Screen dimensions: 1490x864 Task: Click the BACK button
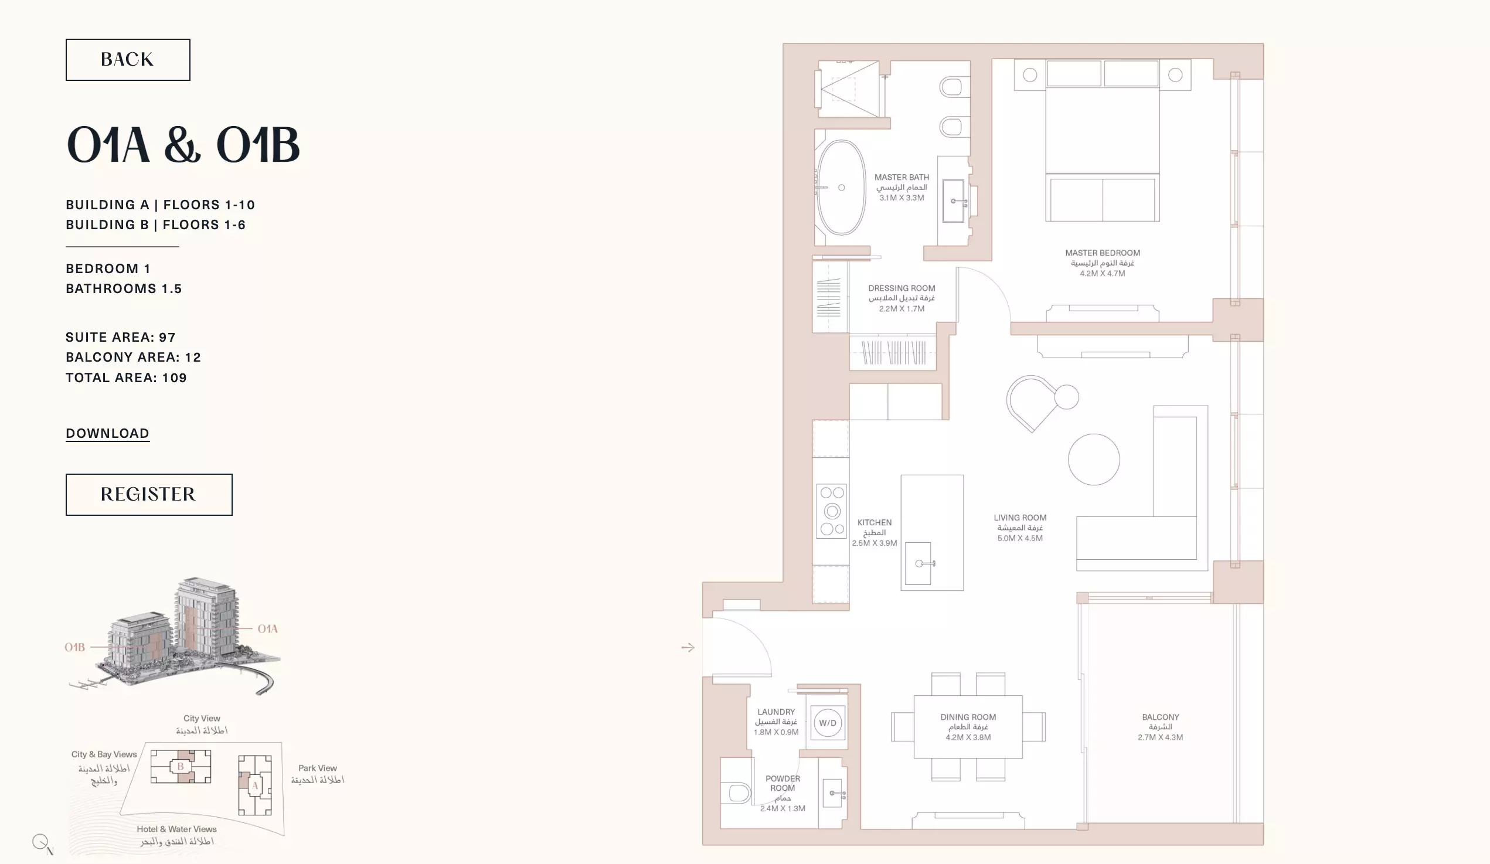pos(128,60)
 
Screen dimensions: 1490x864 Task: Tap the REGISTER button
pos(149,494)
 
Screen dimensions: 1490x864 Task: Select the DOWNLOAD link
pos(108,434)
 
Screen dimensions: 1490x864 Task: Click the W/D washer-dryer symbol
pos(828,723)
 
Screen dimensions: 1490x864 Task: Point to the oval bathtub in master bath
pos(841,188)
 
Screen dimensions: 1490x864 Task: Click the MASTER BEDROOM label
pos(1103,253)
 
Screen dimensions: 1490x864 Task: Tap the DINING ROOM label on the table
pos(968,717)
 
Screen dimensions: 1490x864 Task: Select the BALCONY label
pos(1160,717)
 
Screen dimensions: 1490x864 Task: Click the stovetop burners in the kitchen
pos(832,511)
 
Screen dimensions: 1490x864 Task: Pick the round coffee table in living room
pos(1094,460)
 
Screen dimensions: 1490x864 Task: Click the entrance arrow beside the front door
pos(688,648)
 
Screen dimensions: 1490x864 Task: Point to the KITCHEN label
pos(875,523)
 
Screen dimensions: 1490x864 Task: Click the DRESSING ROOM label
pos(902,288)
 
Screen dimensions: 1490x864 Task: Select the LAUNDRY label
pos(776,712)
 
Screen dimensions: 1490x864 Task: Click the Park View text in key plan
pos(318,768)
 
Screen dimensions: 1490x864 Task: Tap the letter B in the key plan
pos(181,767)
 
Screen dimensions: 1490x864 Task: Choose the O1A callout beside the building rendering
pos(268,628)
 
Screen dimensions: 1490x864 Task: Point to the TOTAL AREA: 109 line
pos(127,378)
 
